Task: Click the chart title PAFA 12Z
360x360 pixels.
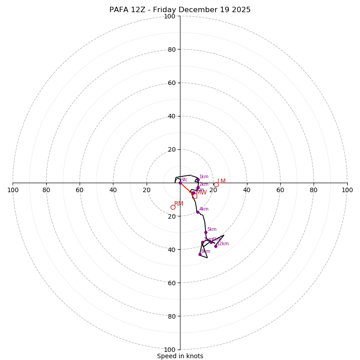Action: click(x=180, y=10)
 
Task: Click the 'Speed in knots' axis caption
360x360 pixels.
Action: click(x=180, y=356)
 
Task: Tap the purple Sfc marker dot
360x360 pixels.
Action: click(x=180, y=183)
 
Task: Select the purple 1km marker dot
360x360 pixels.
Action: click(x=198, y=180)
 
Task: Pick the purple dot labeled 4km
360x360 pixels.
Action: click(x=198, y=212)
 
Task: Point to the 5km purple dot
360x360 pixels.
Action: click(x=206, y=232)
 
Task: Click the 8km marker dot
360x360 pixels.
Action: click(x=200, y=254)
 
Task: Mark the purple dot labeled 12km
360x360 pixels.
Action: click(x=216, y=246)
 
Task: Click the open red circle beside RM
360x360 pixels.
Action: click(x=173, y=207)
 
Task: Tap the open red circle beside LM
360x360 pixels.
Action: click(x=216, y=184)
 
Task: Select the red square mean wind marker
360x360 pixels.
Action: click(x=194, y=196)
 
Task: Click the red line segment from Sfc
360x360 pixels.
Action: click(x=185, y=188)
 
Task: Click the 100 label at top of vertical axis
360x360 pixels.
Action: click(x=170, y=16)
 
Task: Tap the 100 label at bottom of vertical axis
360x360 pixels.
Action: click(x=170, y=349)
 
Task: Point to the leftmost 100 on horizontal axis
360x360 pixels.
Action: click(x=13, y=190)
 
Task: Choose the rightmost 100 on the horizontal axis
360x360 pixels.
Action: click(x=347, y=190)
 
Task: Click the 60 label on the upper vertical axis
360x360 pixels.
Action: click(x=171, y=83)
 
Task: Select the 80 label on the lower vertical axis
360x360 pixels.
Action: click(x=171, y=316)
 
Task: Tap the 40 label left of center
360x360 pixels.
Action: click(x=113, y=190)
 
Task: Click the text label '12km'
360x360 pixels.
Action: click(x=223, y=244)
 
